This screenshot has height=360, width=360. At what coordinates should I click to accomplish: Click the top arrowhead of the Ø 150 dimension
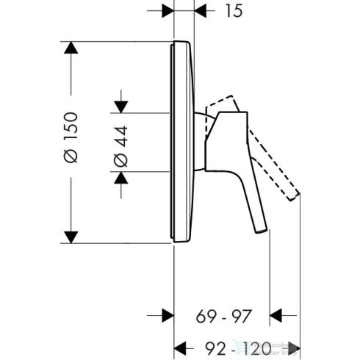(71, 49)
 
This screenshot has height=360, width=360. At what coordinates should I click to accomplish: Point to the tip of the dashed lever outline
(295, 195)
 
